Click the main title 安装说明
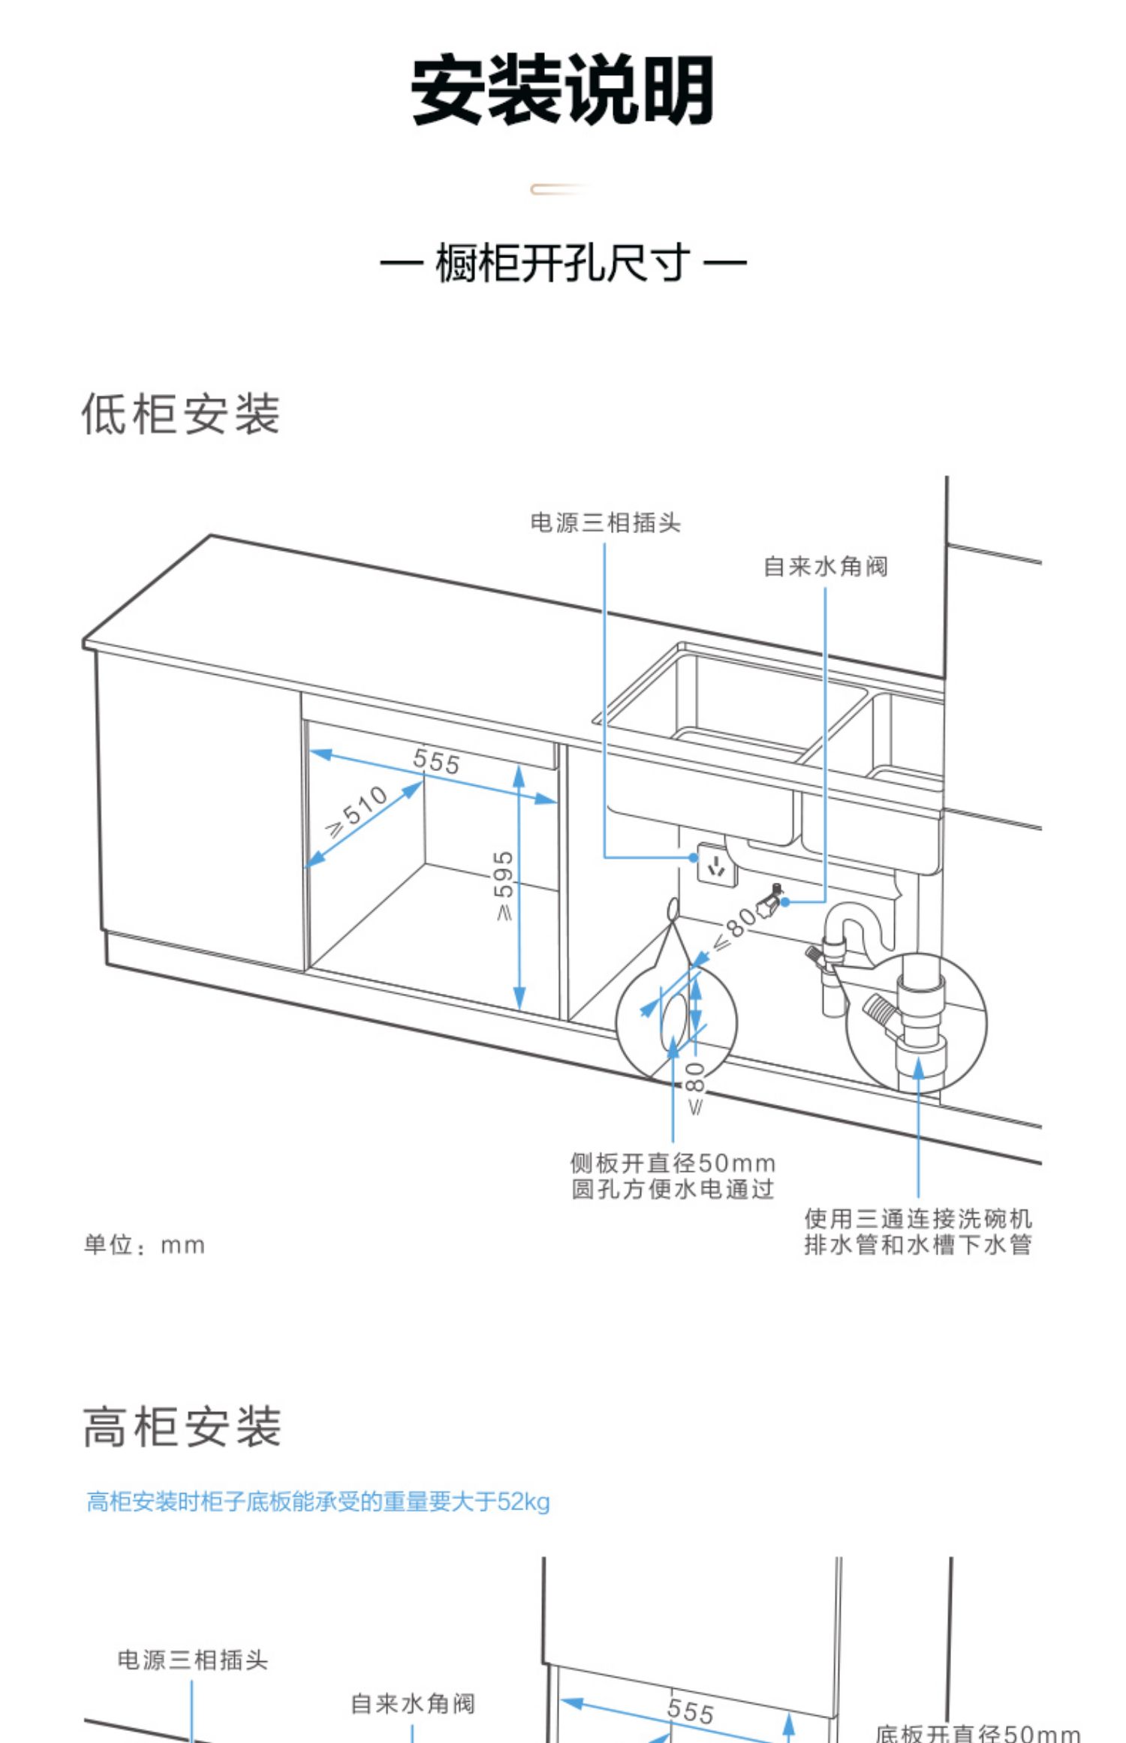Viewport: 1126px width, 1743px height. (x=562, y=90)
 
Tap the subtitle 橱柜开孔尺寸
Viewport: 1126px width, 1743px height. (x=562, y=263)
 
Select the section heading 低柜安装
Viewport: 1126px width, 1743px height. (x=181, y=414)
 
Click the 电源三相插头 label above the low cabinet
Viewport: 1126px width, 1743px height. (x=605, y=522)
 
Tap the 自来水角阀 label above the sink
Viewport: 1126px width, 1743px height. (x=826, y=567)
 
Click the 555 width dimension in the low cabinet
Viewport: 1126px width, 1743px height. (x=436, y=762)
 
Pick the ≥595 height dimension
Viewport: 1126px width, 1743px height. (x=503, y=885)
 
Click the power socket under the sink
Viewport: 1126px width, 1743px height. (x=715, y=864)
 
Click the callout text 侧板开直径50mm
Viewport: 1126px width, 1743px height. (x=673, y=1164)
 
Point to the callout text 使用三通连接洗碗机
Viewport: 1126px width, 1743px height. (x=918, y=1218)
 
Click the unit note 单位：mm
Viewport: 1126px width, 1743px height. (x=144, y=1245)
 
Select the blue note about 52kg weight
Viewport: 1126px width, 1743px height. (x=318, y=1501)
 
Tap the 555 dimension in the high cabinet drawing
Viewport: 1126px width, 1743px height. (x=690, y=1711)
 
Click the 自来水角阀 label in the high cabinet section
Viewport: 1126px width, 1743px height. (x=413, y=1704)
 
